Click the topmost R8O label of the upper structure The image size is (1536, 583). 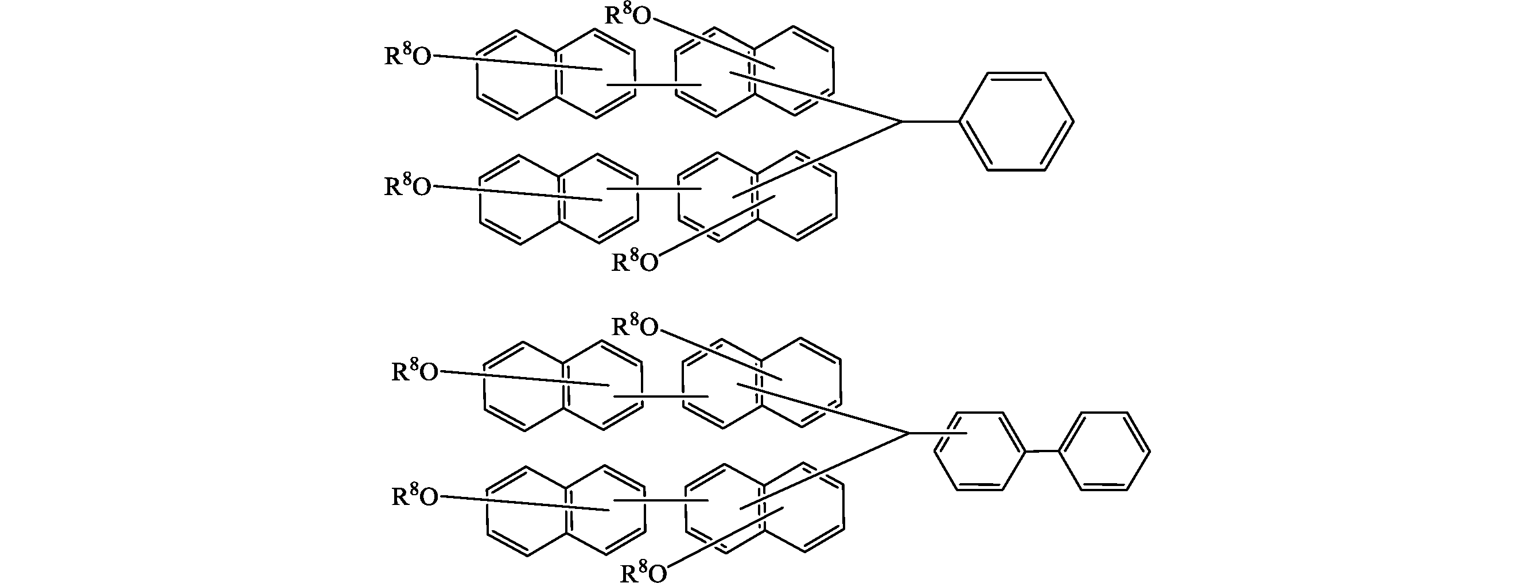pos(628,14)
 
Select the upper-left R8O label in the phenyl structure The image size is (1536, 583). pos(408,55)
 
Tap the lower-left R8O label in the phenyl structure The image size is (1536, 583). pos(408,185)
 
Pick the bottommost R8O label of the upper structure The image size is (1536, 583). pos(635,260)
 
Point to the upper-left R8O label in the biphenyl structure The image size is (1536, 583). pos(415,371)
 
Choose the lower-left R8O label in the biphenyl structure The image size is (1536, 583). pos(415,495)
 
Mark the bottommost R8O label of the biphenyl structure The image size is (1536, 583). pos(644,572)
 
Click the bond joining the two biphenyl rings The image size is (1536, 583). pos(1043,451)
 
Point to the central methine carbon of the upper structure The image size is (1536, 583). pos(901,122)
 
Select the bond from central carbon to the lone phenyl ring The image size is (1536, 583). pos(930,122)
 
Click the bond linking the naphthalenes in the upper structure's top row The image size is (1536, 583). pos(654,85)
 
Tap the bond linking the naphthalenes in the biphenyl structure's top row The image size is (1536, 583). pos(661,396)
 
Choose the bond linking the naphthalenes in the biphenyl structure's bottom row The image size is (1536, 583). pos(661,500)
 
